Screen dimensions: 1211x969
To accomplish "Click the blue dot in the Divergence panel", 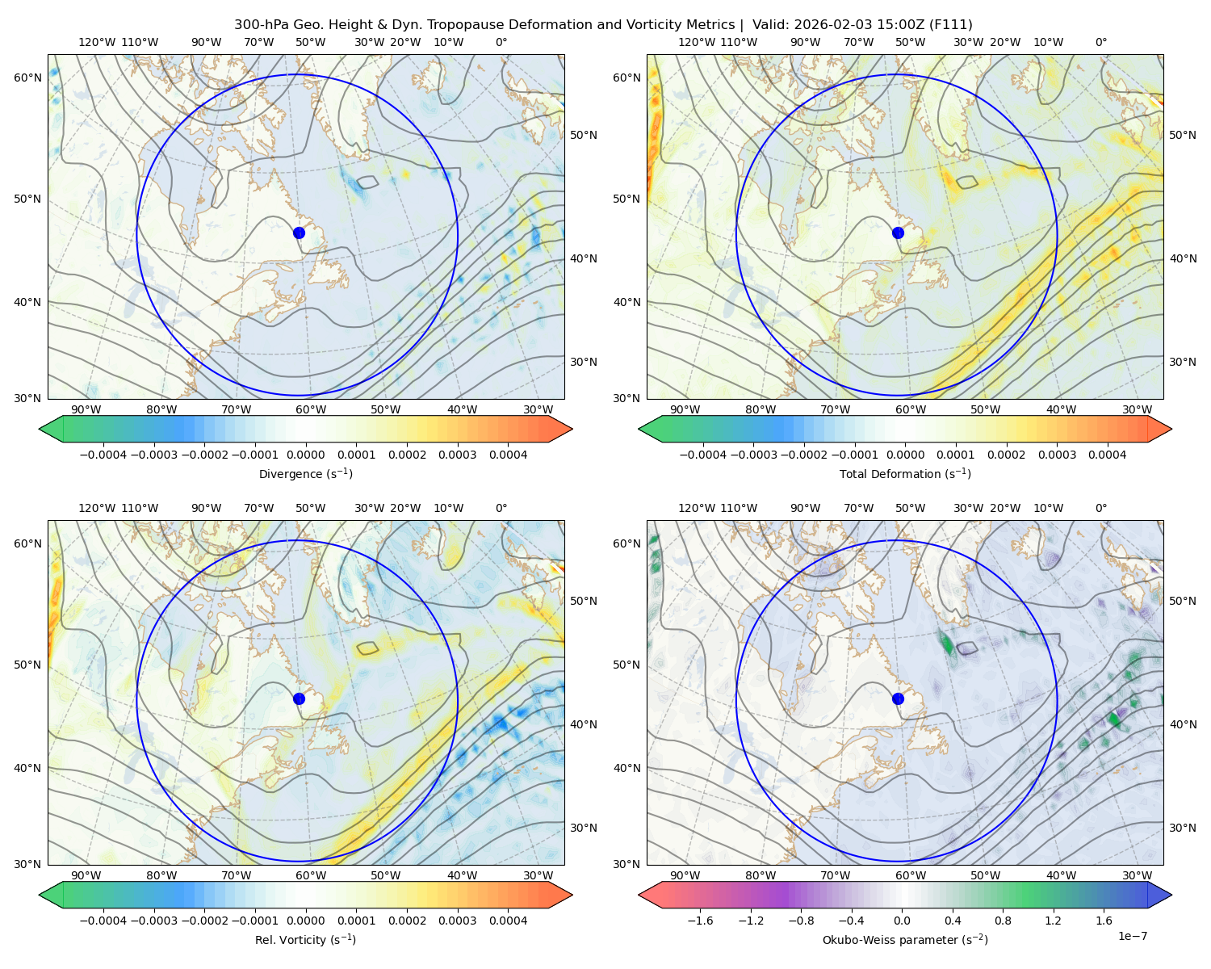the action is click(x=299, y=233).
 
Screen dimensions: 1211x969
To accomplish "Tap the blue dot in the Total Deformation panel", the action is click(x=898, y=233).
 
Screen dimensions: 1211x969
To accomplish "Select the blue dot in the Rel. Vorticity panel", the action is click(x=299, y=698).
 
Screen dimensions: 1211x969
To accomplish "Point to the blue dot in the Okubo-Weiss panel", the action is click(x=898, y=698).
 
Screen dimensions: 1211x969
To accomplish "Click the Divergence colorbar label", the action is click(x=305, y=473).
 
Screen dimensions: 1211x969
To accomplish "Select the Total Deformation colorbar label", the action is click(x=905, y=473).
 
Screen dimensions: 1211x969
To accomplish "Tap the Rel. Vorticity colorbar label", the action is click(x=305, y=939).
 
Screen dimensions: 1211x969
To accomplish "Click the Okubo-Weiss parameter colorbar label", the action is click(x=905, y=939).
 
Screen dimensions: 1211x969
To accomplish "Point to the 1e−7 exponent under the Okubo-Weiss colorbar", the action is click(x=1132, y=936).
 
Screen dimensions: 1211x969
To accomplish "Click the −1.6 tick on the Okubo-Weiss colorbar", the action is click(x=700, y=921).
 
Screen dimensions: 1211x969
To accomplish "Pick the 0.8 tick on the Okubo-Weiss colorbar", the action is click(x=1003, y=921).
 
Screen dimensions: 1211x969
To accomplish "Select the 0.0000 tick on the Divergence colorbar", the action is click(x=305, y=455).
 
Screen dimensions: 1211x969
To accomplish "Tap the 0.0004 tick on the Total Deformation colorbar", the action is click(x=1108, y=455).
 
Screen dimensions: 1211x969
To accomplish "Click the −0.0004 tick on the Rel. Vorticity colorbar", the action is click(x=103, y=921).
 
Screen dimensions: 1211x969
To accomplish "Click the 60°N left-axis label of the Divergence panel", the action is click(x=27, y=78).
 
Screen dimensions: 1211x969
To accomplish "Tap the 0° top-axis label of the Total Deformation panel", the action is click(x=1100, y=42).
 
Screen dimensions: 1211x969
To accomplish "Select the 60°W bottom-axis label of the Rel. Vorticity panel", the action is click(x=311, y=875).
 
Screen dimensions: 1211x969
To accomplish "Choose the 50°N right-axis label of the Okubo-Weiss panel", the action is click(x=1183, y=601).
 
